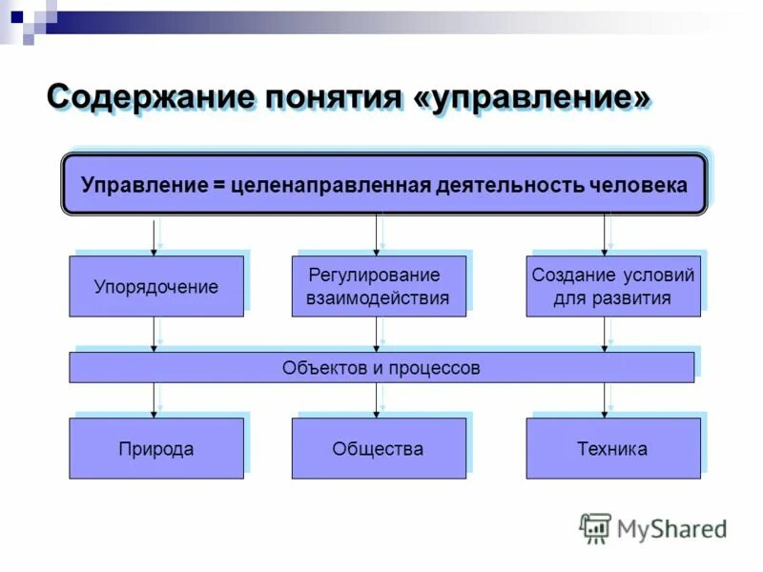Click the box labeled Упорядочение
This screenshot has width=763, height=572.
(155, 286)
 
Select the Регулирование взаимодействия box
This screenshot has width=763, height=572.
(379, 286)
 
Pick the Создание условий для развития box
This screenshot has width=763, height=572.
(612, 286)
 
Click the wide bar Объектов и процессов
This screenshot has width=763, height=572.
(381, 367)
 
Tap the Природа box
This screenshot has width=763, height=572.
(155, 448)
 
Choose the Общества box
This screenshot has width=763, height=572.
(379, 448)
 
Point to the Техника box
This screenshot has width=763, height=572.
(612, 448)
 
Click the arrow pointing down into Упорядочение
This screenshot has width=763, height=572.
(155, 235)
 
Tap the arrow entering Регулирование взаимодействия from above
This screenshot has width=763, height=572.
(378, 235)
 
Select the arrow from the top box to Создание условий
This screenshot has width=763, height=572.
(604, 235)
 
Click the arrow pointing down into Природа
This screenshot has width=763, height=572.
(155, 400)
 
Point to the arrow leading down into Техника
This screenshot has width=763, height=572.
(604, 400)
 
